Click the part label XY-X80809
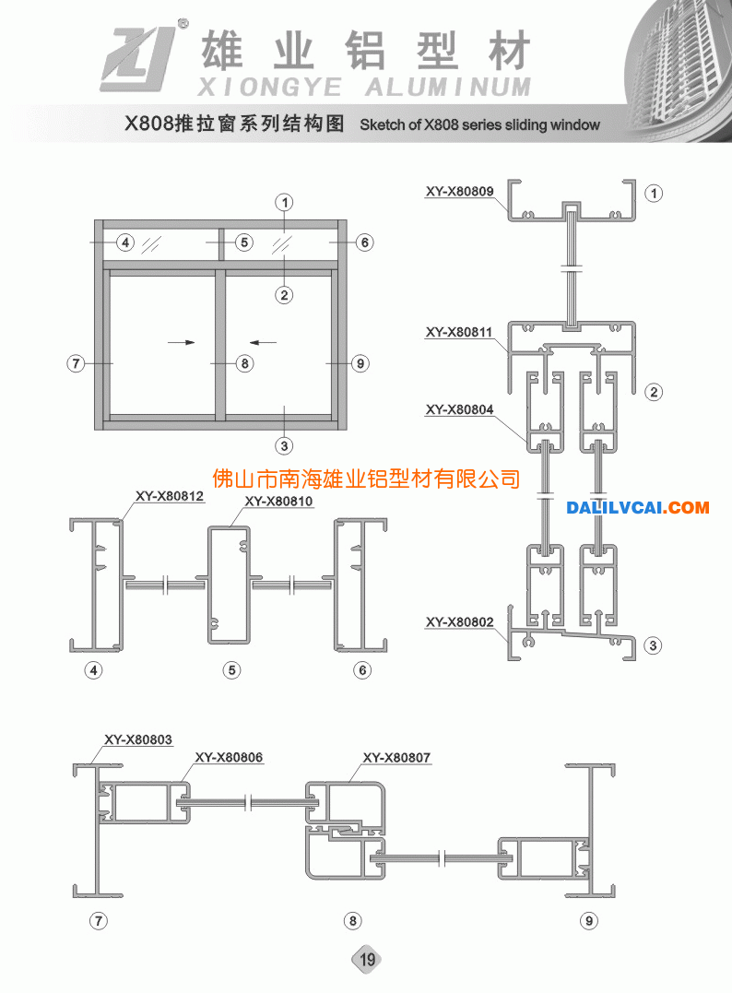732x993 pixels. [460, 191]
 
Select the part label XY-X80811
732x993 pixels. [459, 332]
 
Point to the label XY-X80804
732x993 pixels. [460, 409]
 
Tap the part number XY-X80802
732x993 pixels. [460, 622]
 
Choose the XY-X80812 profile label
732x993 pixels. [170, 496]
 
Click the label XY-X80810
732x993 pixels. [278, 502]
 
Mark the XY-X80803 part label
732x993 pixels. [138, 739]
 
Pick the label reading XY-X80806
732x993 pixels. [229, 757]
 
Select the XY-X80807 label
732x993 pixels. [396, 757]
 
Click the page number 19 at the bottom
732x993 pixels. [367, 960]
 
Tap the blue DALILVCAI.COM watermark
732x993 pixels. [638, 507]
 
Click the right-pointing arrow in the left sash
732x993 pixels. [181, 343]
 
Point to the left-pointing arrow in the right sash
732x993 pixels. [263, 343]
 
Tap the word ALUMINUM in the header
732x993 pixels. [448, 88]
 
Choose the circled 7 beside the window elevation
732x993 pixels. [76, 363]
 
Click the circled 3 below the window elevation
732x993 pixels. [284, 446]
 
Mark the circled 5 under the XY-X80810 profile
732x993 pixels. [231, 670]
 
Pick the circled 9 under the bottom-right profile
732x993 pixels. [589, 921]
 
